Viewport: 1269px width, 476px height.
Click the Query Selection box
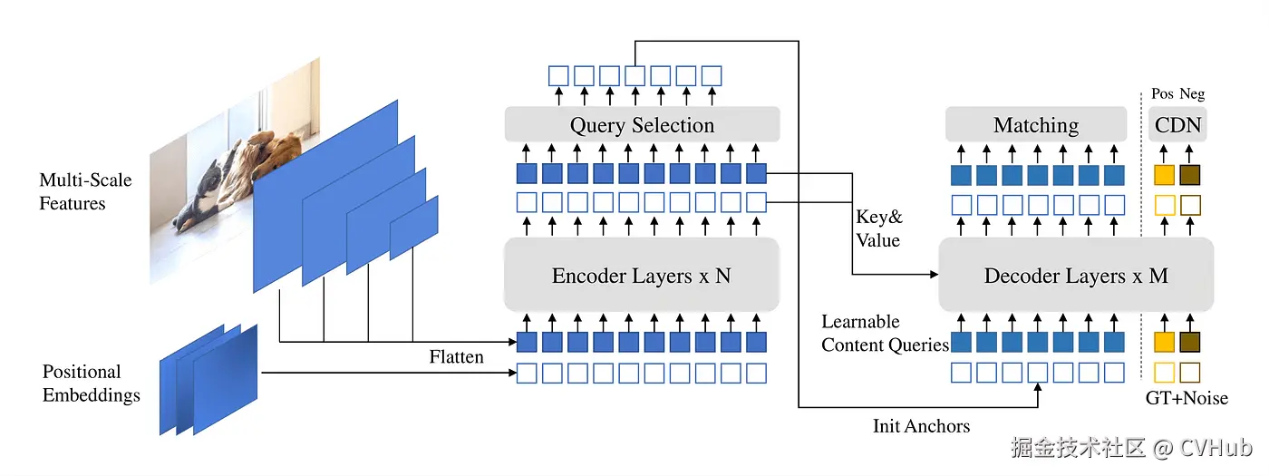point(642,124)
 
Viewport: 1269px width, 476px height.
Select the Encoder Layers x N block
point(642,275)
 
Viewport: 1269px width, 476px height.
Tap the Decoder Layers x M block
point(1076,275)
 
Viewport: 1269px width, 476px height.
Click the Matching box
point(1036,124)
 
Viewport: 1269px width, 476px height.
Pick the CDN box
point(1177,124)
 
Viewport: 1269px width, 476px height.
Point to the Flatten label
point(456,356)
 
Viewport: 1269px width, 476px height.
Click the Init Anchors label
point(921,425)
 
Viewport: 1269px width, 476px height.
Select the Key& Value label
point(878,228)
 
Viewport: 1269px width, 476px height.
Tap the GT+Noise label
point(1187,398)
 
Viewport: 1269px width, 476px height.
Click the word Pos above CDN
point(1162,93)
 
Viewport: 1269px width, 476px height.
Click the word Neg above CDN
point(1192,93)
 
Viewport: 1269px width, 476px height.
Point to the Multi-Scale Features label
point(85,191)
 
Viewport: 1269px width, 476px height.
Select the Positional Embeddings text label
point(92,383)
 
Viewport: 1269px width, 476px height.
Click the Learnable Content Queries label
point(885,334)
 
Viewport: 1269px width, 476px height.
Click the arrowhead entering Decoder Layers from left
point(934,274)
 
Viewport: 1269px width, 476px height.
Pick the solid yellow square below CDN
point(1164,175)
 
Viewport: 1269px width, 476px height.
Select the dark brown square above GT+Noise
point(1189,343)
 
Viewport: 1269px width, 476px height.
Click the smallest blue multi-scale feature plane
point(414,228)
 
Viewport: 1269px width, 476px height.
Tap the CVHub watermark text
point(1216,448)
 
